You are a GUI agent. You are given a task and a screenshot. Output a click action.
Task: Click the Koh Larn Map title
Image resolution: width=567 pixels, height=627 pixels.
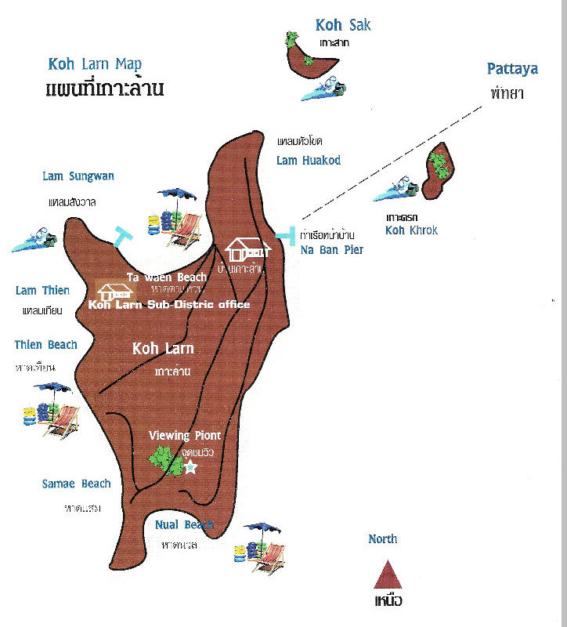[95, 65]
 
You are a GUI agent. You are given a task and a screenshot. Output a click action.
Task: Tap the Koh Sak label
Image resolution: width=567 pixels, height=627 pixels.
[342, 26]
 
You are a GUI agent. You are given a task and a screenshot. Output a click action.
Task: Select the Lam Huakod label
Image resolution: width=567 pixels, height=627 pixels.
[309, 161]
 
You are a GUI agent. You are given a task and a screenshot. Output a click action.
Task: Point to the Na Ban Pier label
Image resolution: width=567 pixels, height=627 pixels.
[331, 251]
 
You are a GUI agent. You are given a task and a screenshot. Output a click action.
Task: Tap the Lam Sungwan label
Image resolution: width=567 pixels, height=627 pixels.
[78, 176]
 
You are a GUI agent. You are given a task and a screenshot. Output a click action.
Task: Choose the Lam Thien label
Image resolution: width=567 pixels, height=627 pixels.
[42, 291]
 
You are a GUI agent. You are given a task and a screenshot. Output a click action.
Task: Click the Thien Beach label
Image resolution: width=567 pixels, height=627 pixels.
[45, 345]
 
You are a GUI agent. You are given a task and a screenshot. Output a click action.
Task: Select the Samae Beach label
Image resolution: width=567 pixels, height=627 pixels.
[76, 484]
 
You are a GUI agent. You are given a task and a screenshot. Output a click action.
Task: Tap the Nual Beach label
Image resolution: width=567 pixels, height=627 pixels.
[184, 525]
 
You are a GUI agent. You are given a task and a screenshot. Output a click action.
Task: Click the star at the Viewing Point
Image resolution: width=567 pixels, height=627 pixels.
[190, 467]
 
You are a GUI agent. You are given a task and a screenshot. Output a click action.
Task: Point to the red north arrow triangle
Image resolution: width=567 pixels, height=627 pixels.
[388, 574]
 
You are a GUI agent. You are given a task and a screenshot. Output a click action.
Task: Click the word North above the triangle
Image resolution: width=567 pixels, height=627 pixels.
[382, 539]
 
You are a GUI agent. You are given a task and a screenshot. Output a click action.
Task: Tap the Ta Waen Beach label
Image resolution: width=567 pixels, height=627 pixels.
[167, 277]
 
